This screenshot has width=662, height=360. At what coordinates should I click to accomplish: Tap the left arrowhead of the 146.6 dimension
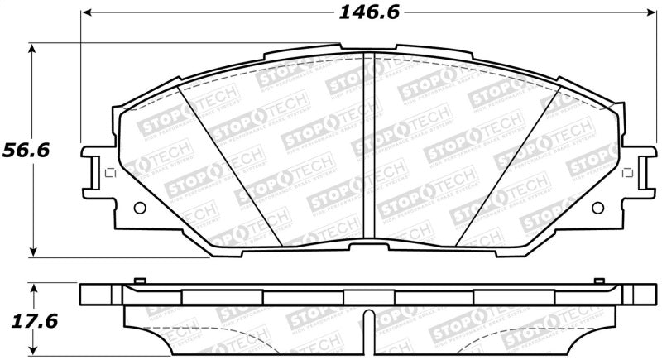[86, 13]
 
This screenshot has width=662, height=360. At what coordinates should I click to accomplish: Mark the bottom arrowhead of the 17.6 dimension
[32, 351]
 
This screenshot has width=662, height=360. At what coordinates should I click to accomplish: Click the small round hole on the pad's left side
[138, 207]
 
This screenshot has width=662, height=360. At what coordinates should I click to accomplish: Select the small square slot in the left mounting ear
[105, 172]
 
